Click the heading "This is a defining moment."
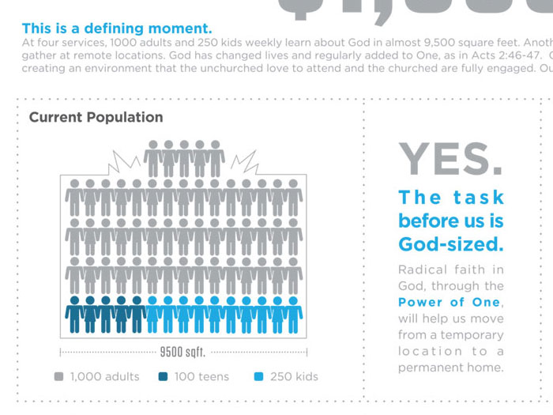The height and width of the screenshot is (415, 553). (x=117, y=29)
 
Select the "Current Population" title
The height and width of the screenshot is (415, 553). (x=96, y=117)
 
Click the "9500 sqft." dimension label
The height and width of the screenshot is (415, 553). (x=182, y=352)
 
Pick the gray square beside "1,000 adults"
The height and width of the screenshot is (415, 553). (x=58, y=377)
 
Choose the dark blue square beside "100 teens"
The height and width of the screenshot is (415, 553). (x=163, y=377)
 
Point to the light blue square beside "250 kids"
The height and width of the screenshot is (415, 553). (x=258, y=377)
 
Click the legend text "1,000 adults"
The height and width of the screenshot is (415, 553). (x=104, y=377)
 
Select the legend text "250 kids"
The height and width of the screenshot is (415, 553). (x=294, y=377)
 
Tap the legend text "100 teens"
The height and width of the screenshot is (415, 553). (x=201, y=377)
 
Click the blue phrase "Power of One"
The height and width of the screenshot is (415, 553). (x=449, y=303)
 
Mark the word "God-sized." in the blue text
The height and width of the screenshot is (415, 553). (x=450, y=243)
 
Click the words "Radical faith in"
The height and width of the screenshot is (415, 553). (x=450, y=270)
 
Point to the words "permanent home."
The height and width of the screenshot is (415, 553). (x=450, y=368)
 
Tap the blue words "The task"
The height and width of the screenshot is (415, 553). (x=450, y=197)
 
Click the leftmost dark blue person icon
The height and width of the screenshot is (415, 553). (x=74, y=315)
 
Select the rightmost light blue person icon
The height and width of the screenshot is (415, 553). (x=294, y=315)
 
